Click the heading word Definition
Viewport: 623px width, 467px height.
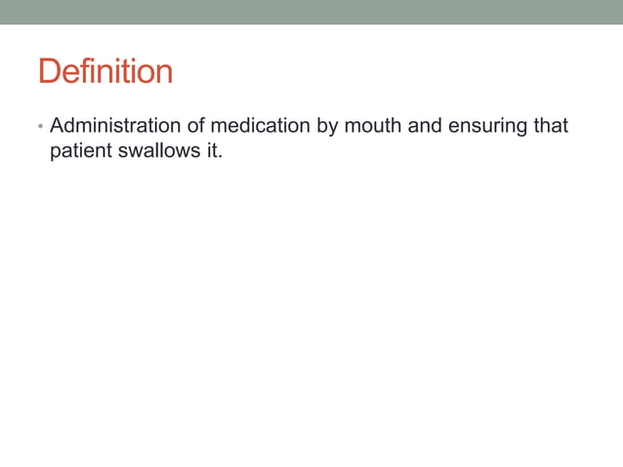tap(105, 71)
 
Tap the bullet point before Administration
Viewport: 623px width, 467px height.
tap(39, 127)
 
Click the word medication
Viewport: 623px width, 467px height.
tap(257, 126)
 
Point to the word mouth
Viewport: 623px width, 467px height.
tap(369, 126)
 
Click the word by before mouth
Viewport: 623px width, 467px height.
tap(326, 127)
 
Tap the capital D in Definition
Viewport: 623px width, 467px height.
tap(48, 71)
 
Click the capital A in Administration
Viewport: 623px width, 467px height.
tap(57, 126)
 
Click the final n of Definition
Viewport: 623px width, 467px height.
tap(164, 73)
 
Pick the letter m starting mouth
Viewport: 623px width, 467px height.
tap(351, 127)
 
